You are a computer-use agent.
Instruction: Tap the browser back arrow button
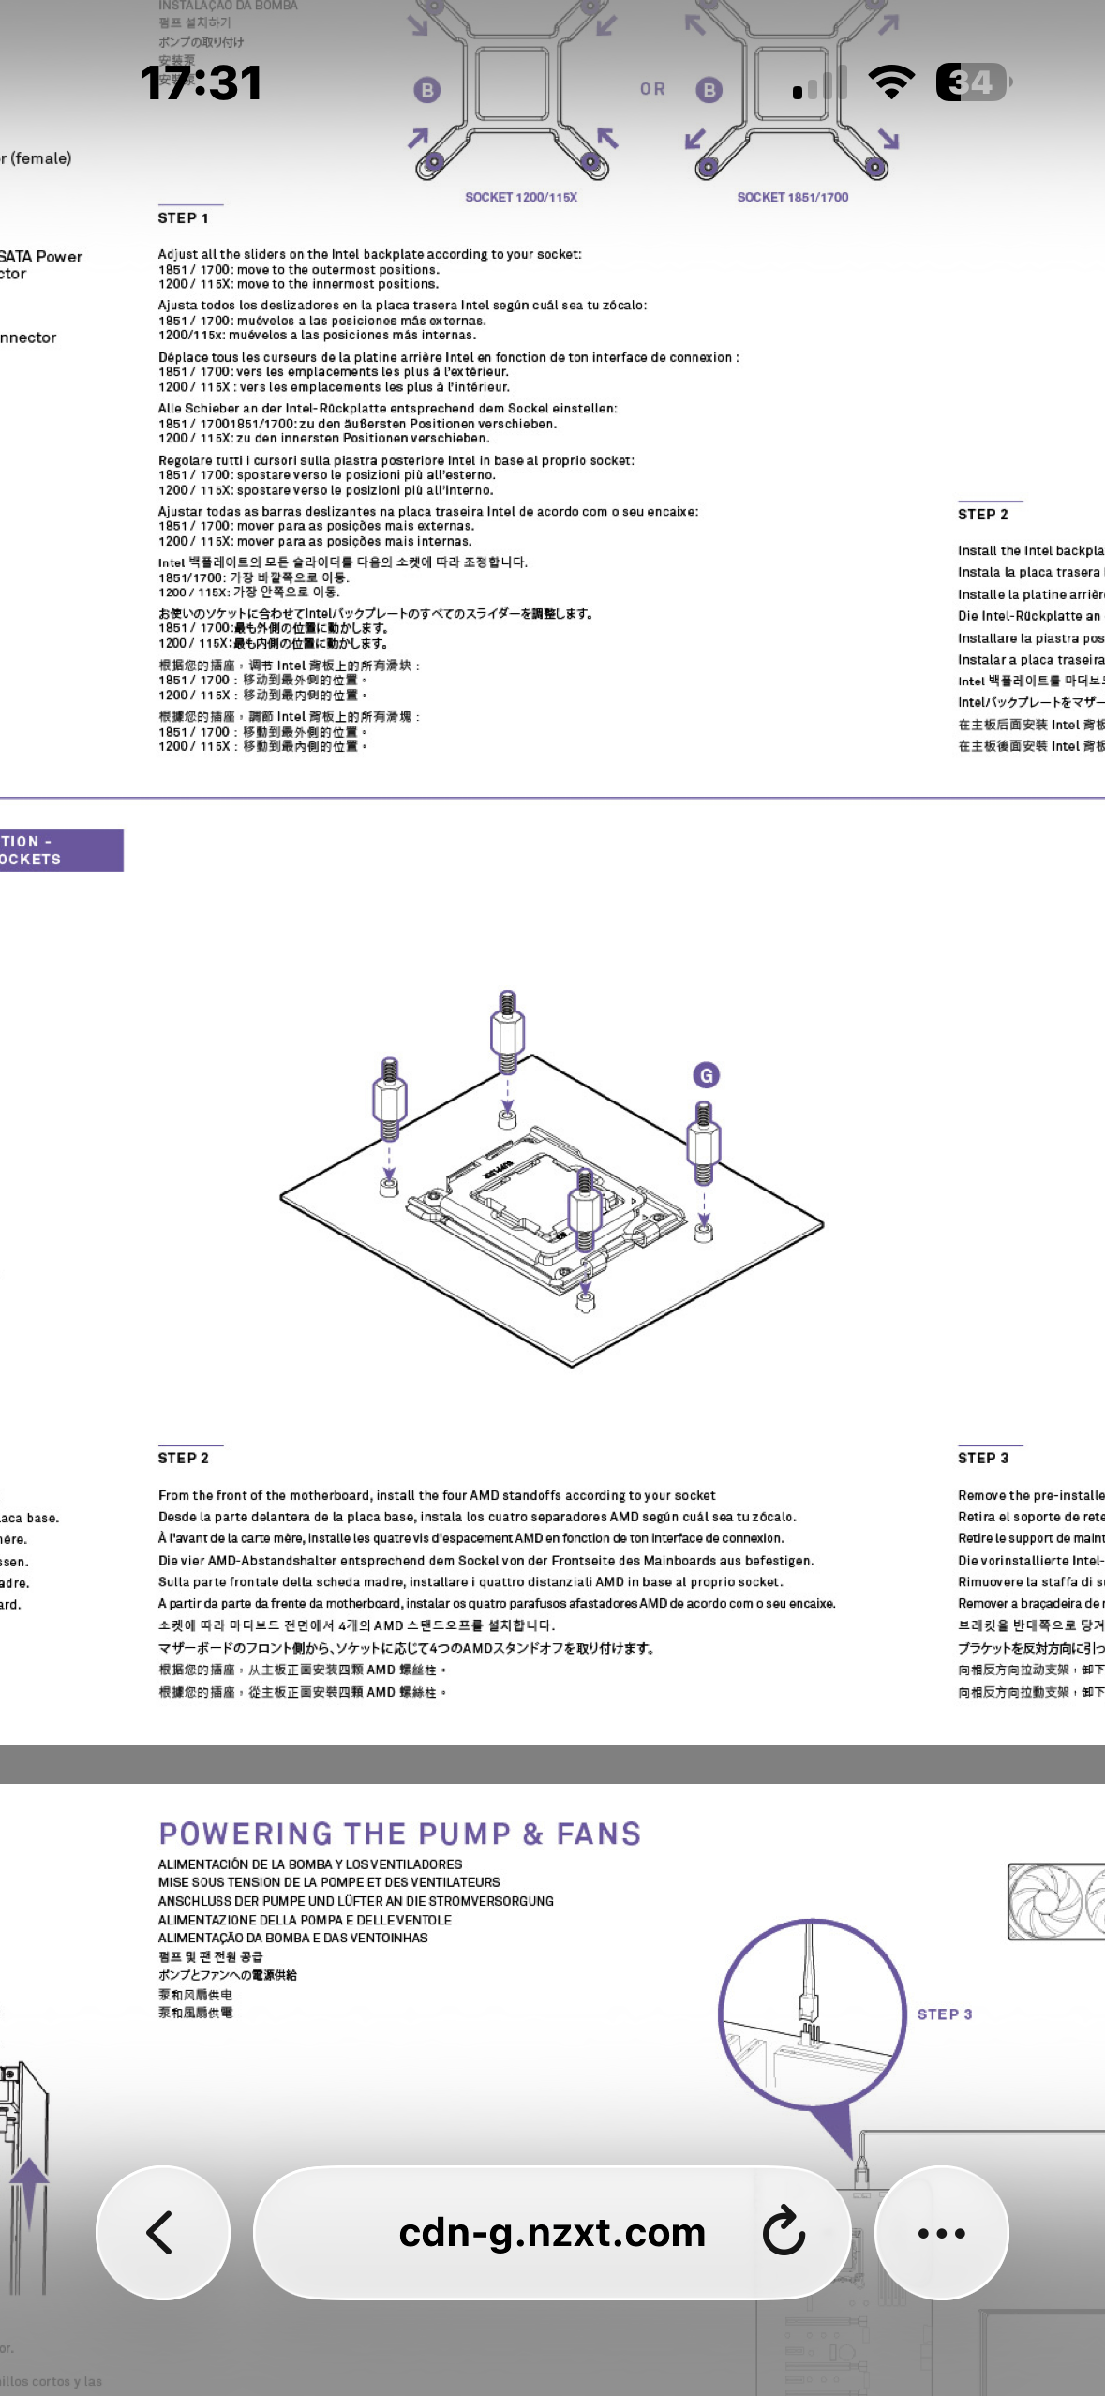(x=161, y=2232)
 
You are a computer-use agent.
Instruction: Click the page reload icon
(x=784, y=2232)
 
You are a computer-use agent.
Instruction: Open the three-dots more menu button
(x=941, y=2232)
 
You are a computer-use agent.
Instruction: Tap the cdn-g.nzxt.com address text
(x=551, y=2232)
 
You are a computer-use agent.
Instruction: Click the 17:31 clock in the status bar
(x=201, y=82)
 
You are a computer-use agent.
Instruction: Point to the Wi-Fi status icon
(x=891, y=82)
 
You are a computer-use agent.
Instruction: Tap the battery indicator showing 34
(x=972, y=82)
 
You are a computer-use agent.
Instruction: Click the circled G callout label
(x=707, y=1075)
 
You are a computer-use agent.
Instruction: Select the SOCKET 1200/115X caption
(x=521, y=197)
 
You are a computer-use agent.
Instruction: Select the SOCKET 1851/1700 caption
(x=792, y=197)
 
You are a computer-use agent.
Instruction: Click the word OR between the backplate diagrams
(x=652, y=89)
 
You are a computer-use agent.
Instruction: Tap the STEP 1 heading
(x=183, y=218)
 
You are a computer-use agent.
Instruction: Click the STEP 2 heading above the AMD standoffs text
(x=183, y=1458)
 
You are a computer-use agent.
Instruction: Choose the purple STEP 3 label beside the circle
(x=944, y=2014)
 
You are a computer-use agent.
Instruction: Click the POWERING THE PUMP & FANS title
(x=399, y=1834)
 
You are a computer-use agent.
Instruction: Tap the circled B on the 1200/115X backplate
(x=427, y=90)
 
